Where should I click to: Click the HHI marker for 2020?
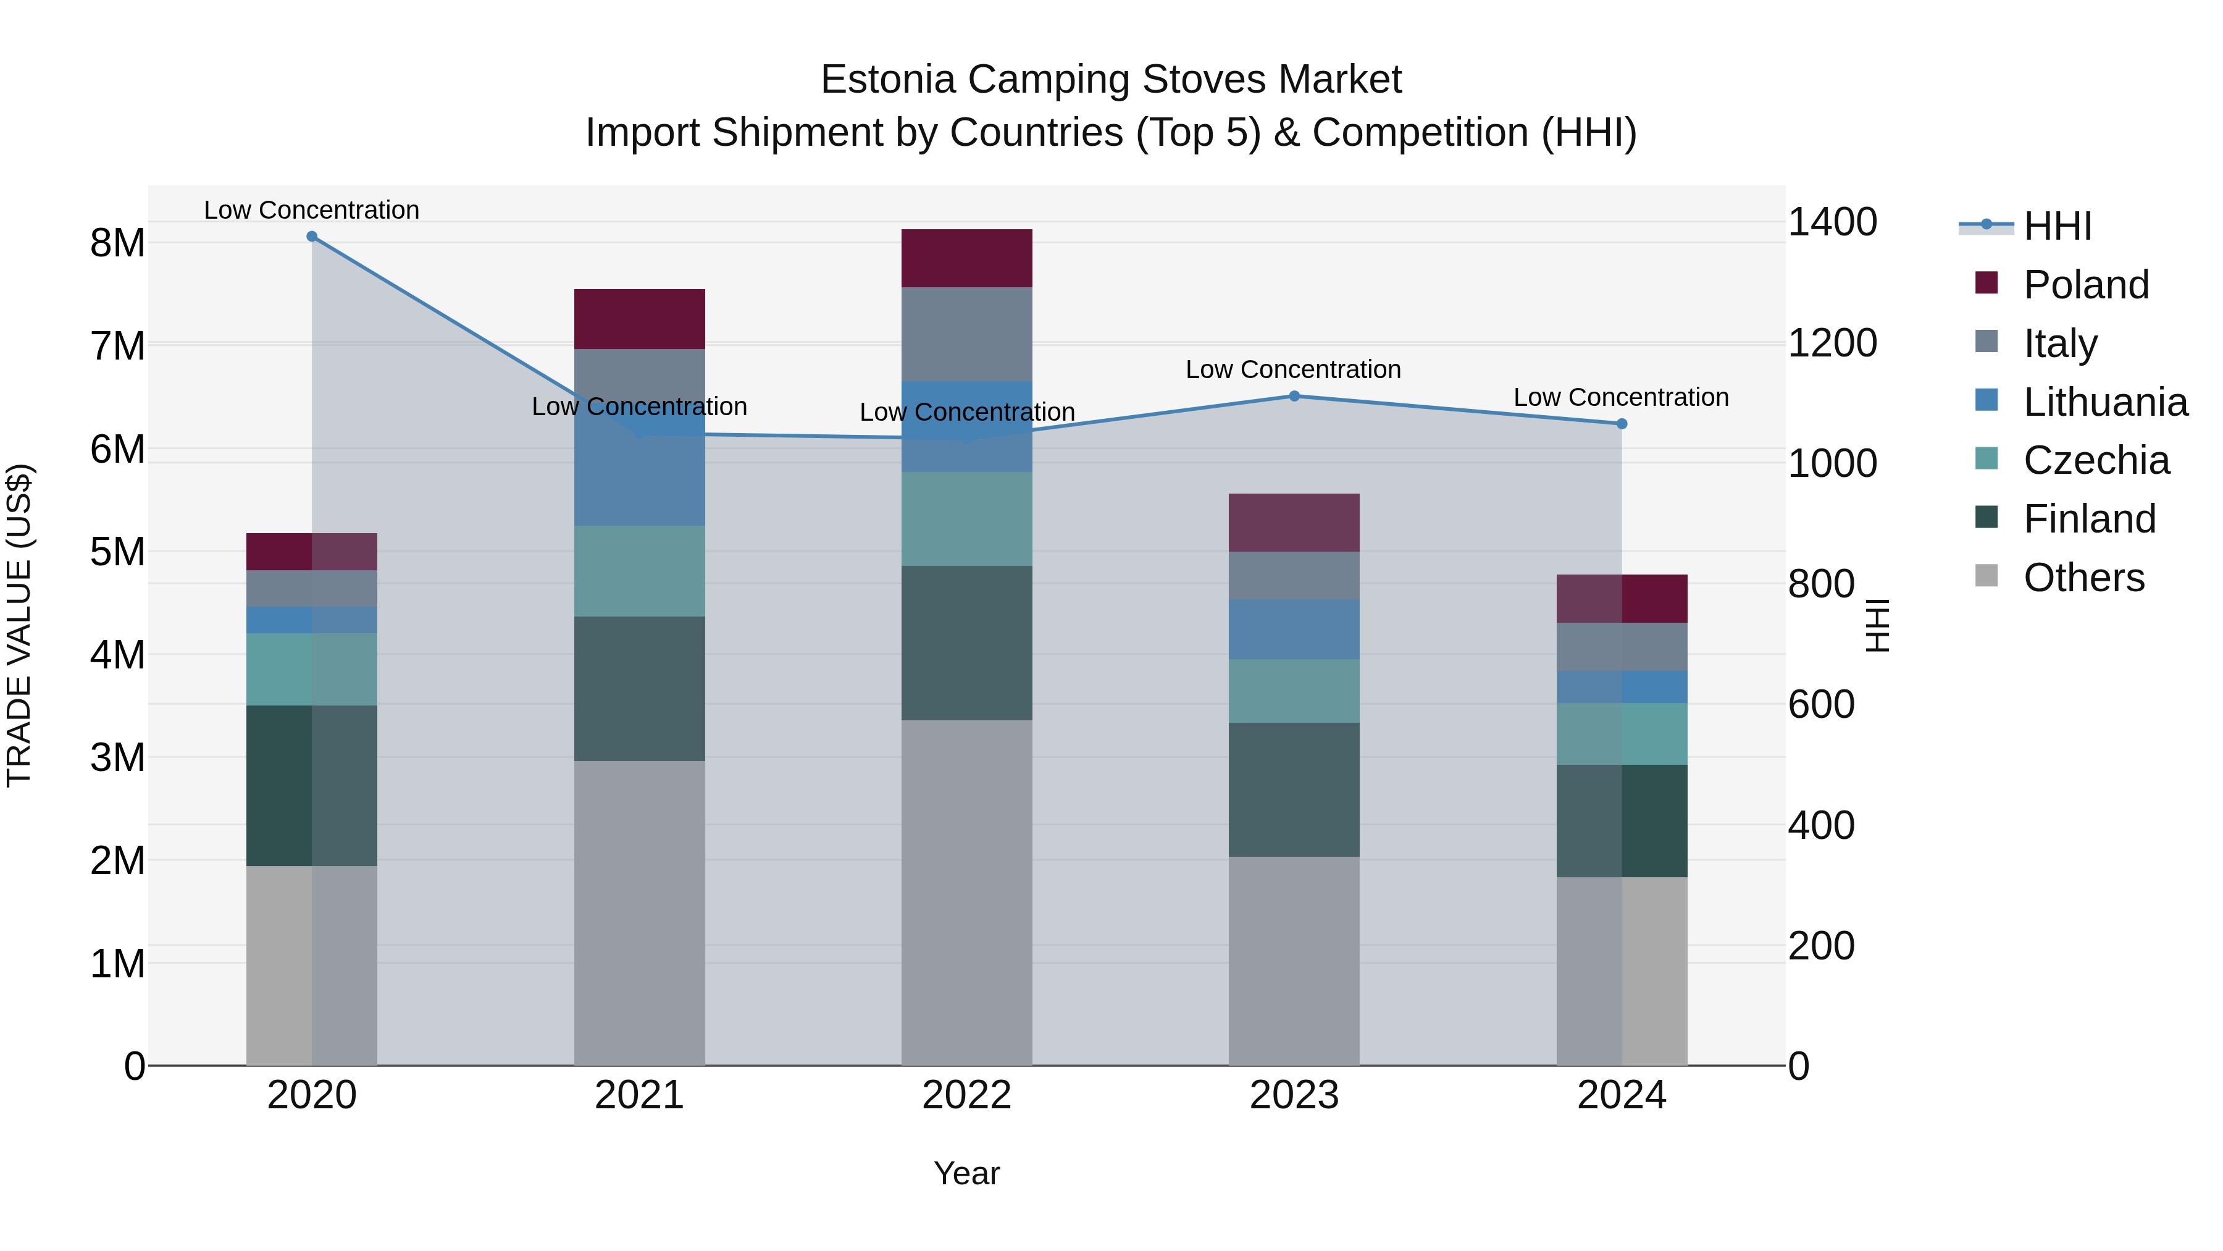coord(312,237)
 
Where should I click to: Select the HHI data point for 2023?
coord(1294,396)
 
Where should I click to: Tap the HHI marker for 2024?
coord(1621,424)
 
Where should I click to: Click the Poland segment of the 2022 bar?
coord(966,258)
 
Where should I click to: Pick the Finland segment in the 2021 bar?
coord(640,688)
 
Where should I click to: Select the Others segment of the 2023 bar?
coord(1294,960)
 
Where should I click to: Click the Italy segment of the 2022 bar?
coord(966,334)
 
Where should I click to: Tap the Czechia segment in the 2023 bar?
coord(1294,691)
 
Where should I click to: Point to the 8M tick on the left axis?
coord(117,243)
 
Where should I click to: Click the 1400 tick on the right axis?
coord(1832,222)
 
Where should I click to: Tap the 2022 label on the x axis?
coord(966,1095)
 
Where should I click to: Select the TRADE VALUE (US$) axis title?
coord(19,625)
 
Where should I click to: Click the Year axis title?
coord(966,1173)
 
